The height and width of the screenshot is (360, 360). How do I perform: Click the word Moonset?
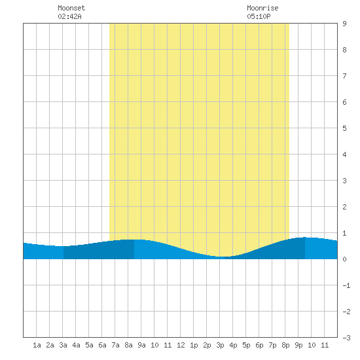click(71, 8)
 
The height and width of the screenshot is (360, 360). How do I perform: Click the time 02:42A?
click(69, 16)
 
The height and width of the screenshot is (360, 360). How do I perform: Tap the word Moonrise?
click(262, 8)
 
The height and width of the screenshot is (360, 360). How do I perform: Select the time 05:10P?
click(259, 16)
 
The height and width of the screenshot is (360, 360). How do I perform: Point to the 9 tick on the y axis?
click(344, 24)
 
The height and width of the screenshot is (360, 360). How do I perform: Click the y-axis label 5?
click(344, 128)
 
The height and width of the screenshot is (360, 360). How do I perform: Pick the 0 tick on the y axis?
click(344, 259)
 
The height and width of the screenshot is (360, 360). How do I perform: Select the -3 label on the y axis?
click(346, 338)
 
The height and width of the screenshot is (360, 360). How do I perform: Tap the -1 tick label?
click(346, 285)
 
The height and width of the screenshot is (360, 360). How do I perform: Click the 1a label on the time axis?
click(37, 345)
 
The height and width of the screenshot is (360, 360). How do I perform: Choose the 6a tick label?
click(102, 345)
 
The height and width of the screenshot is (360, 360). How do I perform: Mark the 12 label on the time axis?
click(181, 345)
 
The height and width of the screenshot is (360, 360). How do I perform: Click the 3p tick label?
click(220, 345)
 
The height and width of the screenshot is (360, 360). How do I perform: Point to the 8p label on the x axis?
click(285, 345)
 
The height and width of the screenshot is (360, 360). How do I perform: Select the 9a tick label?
click(141, 345)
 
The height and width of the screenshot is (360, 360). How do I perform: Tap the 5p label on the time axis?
click(246, 345)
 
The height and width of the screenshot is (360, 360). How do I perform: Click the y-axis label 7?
click(344, 76)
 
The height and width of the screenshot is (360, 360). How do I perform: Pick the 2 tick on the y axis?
click(344, 207)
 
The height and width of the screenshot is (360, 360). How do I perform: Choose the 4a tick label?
click(76, 345)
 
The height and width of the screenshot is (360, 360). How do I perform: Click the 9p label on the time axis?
click(298, 345)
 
